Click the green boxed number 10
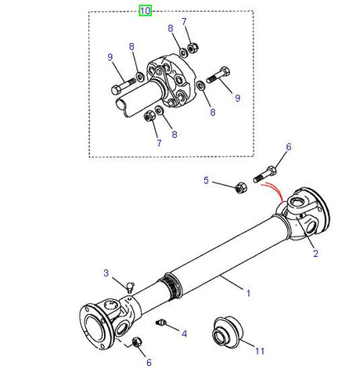146,10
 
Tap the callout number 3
184,334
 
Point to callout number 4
207,181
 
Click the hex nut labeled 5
241,187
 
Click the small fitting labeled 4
163,323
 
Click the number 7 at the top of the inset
184,22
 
